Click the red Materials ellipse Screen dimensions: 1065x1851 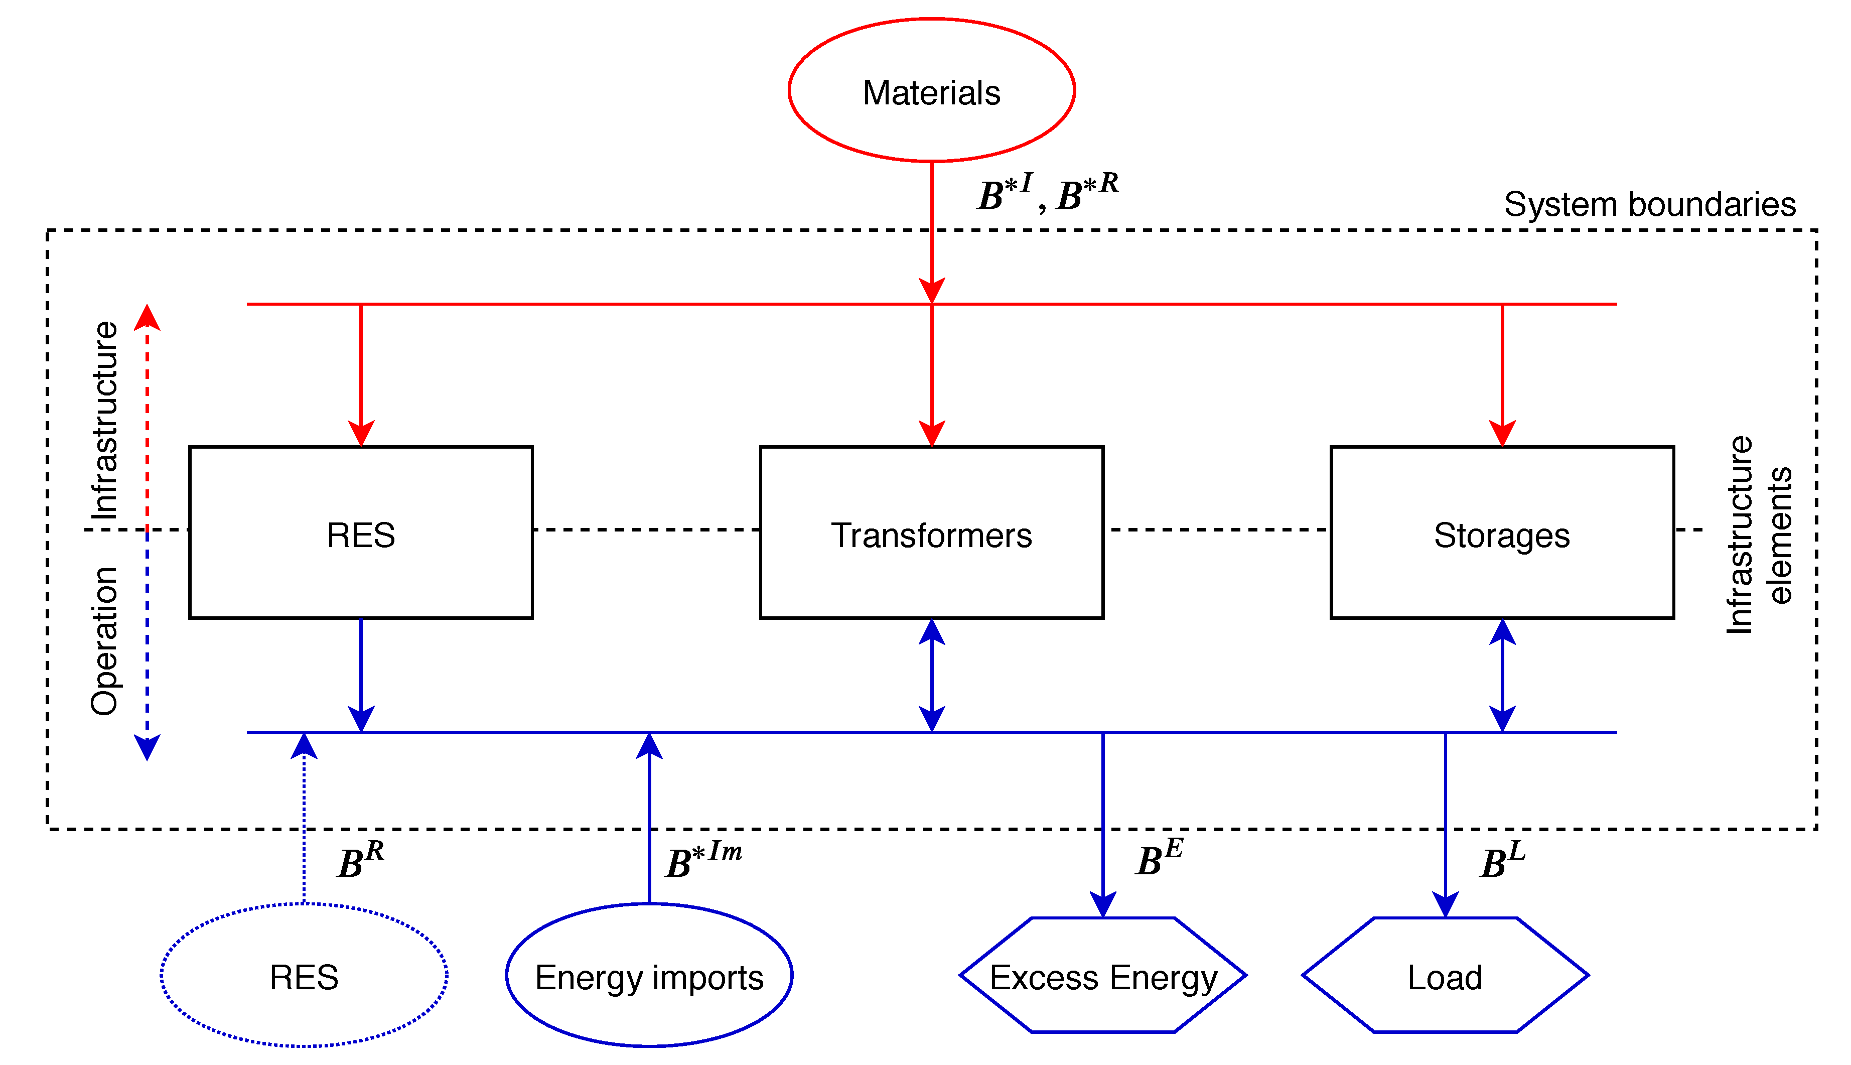(931, 90)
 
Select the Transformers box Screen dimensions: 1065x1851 (931, 532)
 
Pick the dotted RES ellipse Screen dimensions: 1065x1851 (304, 976)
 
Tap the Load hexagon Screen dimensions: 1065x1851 (1445, 976)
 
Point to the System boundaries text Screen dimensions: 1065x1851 (1649, 204)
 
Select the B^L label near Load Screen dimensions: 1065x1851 (1502, 859)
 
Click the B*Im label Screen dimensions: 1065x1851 (703, 859)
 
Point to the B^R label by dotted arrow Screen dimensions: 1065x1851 (360, 859)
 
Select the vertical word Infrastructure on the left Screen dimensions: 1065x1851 (104, 420)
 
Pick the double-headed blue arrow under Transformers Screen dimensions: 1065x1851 (931, 675)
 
